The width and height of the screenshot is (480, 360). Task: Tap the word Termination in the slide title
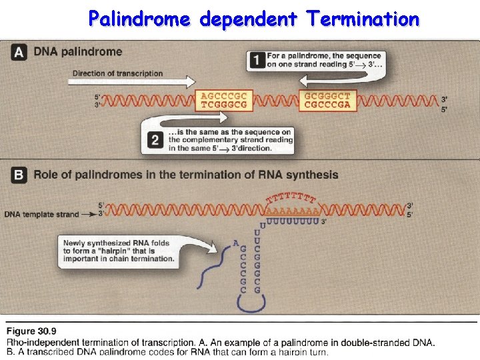[363, 19]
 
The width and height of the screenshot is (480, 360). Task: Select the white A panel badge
[20, 52]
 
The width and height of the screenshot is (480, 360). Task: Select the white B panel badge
[20, 175]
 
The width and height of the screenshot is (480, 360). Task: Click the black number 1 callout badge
[257, 60]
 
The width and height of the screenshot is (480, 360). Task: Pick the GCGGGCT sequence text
[327, 95]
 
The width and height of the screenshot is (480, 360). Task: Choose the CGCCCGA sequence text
[327, 105]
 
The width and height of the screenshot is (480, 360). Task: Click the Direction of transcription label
[117, 73]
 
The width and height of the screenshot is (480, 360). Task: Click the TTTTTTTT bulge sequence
[291, 197]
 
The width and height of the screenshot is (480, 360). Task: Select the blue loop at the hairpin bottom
[251, 303]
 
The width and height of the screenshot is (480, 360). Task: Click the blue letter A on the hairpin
[236, 243]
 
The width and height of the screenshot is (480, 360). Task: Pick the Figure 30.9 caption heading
[31, 331]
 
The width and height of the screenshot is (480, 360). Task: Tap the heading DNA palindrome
[78, 52]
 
